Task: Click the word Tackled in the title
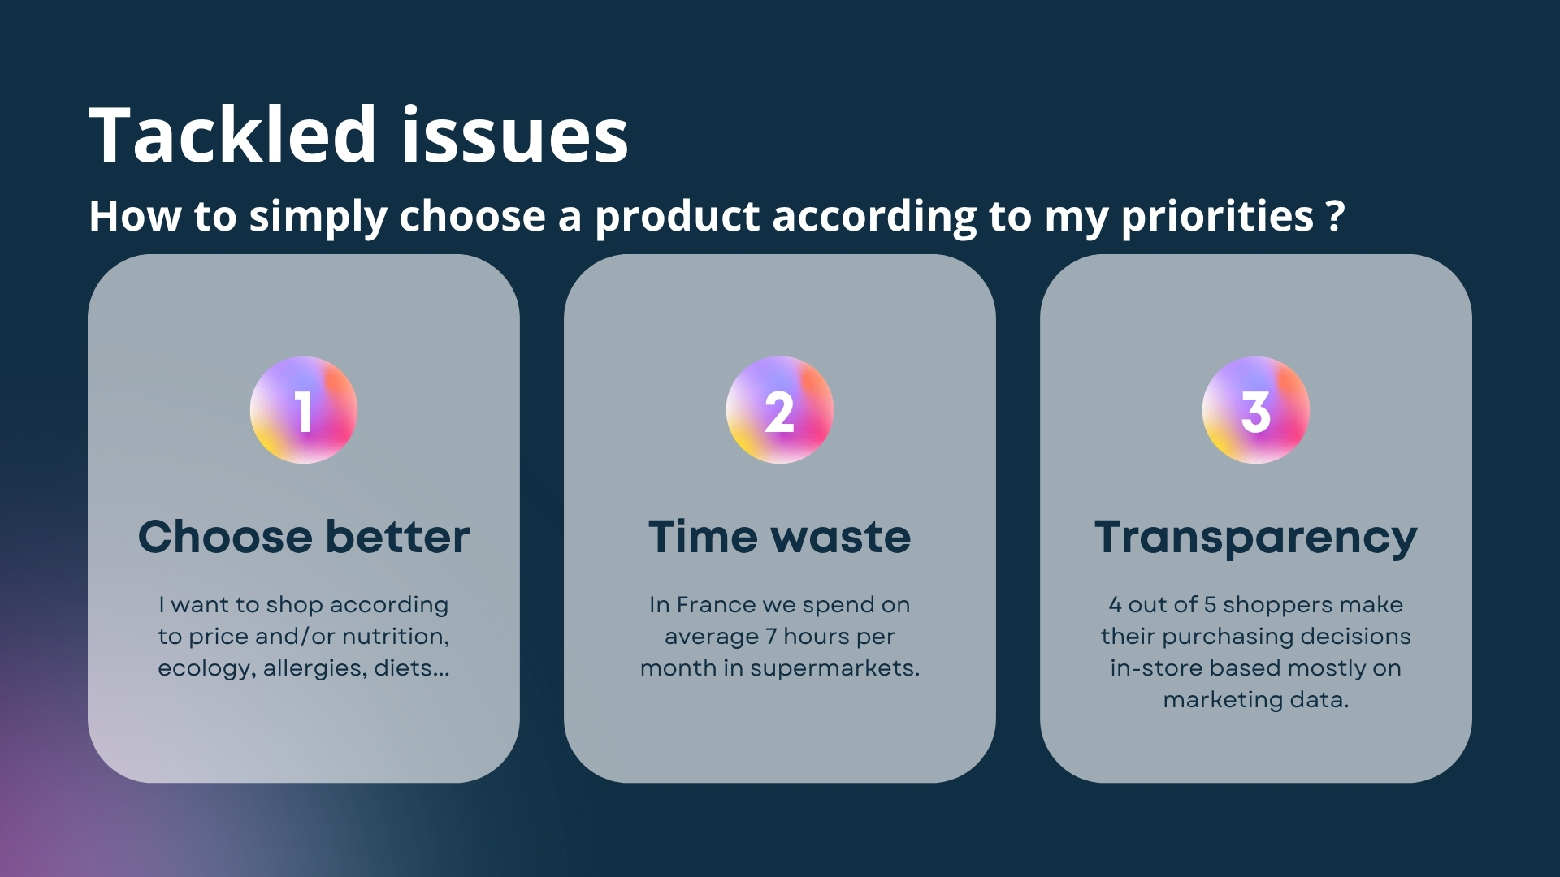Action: [x=232, y=134]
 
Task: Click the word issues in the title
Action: [x=515, y=134]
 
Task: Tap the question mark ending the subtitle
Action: [x=1335, y=216]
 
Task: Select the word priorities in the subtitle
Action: [x=1217, y=218]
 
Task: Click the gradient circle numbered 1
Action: [x=304, y=410]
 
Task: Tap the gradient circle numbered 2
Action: [x=780, y=410]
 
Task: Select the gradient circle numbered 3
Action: [x=1256, y=410]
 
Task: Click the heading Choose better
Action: [x=304, y=537]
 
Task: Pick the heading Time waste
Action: [x=780, y=537]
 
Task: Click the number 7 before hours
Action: [x=771, y=637]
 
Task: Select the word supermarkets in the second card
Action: [x=834, y=669]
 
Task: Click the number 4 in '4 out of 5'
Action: [x=1116, y=605]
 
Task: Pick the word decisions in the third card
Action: [x=1356, y=637]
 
